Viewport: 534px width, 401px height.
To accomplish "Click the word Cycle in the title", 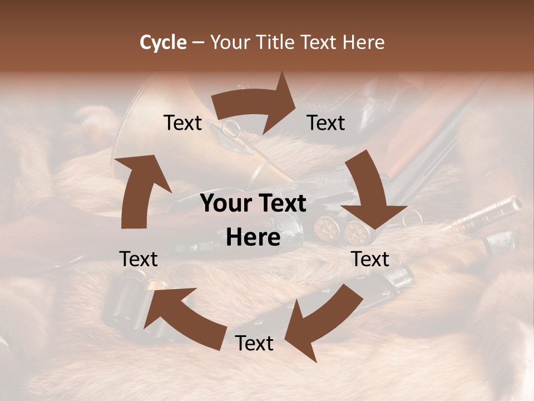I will [163, 42].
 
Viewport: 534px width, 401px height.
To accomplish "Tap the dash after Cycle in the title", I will [199, 42].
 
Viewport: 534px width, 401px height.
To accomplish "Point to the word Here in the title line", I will [364, 42].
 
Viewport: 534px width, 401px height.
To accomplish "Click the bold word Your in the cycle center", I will [225, 203].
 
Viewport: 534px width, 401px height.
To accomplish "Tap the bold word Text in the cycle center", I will [280, 203].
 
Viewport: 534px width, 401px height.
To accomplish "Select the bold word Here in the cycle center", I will [253, 237].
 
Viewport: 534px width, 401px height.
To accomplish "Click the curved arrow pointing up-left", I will [184, 317].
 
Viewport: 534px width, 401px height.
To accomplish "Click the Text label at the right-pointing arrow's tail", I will [182, 123].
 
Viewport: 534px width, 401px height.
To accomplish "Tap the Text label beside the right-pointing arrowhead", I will [326, 123].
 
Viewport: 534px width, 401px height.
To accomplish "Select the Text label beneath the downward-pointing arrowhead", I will [370, 259].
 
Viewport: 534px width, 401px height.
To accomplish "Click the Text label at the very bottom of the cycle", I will [254, 343].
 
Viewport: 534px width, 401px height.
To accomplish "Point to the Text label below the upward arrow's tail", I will [139, 259].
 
